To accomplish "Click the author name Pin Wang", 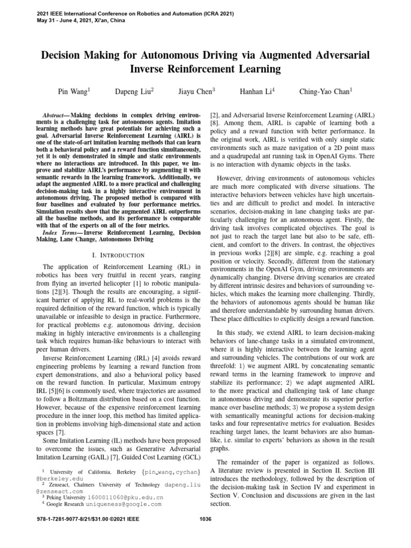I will tap(73, 92).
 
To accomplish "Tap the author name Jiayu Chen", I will tap(196, 92).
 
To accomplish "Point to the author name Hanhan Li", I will tap(258, 92).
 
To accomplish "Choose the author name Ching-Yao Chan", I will tap(325, 92).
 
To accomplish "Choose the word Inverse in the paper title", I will tap(149, 69).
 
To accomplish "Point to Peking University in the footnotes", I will tap(66, 497).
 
